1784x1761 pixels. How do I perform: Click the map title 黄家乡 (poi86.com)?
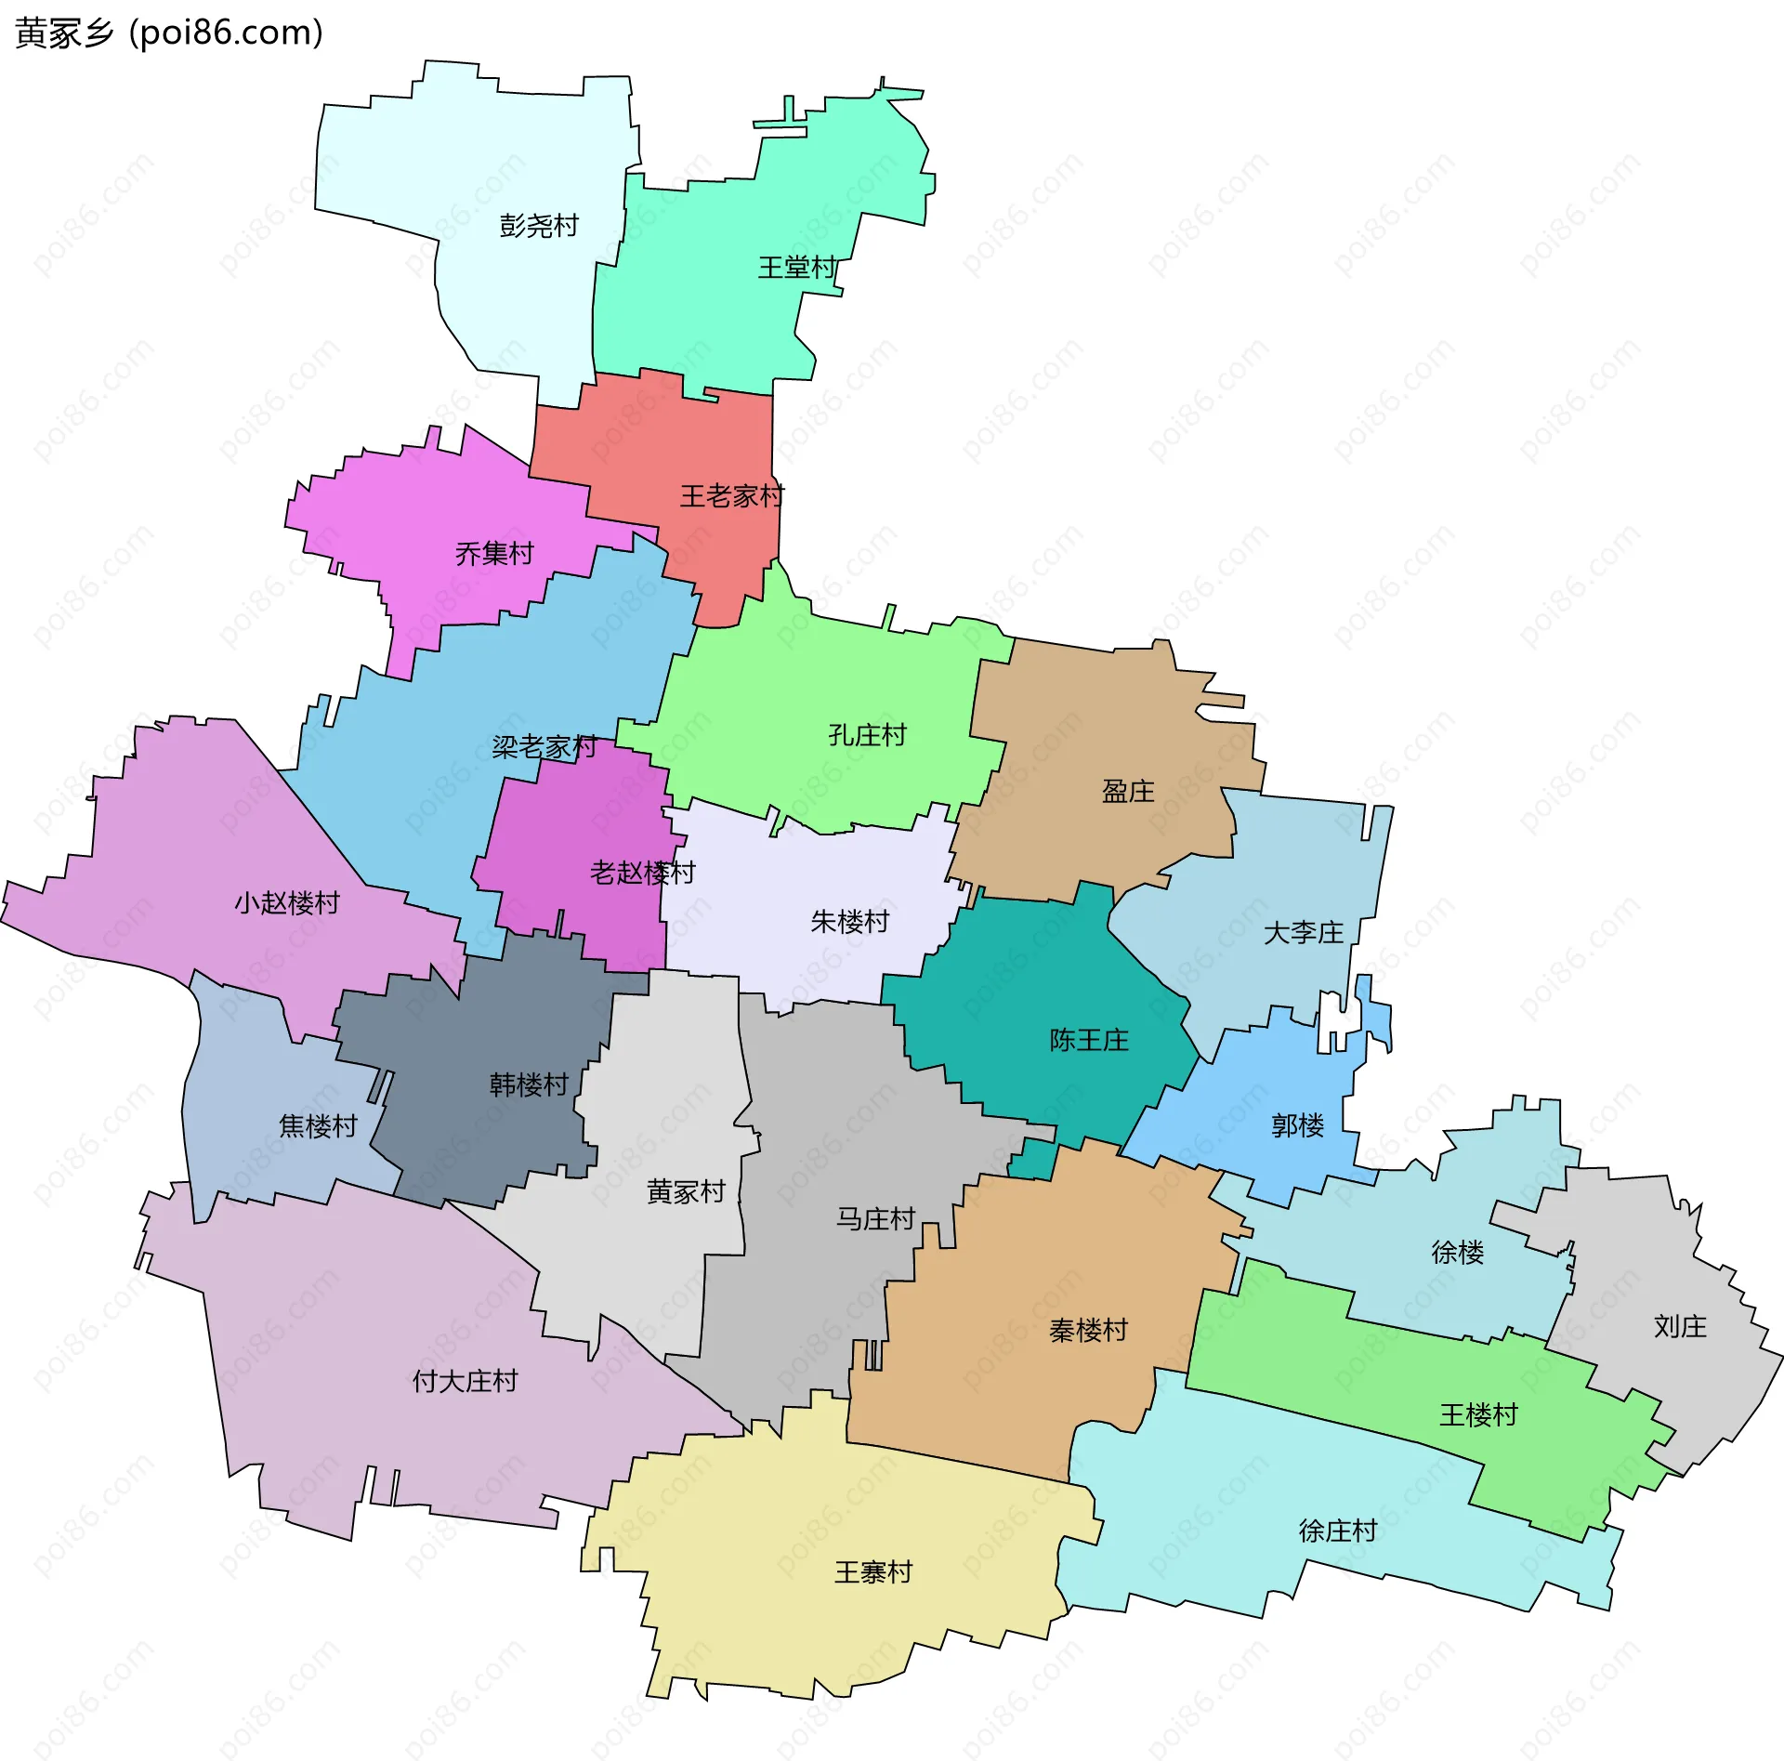pyautogui.click(x=169, y=33)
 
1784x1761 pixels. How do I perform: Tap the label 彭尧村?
pyautogui.click(x=539, y=226)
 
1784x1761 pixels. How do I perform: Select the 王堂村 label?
pyautogui.click(x=797, y=269)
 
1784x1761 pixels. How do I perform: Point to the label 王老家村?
pyautogui.click(x=732, y=496)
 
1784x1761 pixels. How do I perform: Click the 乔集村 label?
pyautogui.click(x=494, y=554)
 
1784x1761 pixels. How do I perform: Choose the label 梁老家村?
pyautogui.click(x=544, y=747)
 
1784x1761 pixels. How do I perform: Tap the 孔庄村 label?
pyautogui.click(x=867, y=736)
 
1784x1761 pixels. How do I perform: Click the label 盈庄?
pyautogui.click(x=1128, y=792)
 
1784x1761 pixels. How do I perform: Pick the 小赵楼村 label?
pyautogui.click(x=287, y=903)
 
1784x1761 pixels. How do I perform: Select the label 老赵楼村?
pyautogui.click(x=642, y=873)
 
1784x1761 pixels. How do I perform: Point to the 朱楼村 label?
pyautogui.click(x=849, y=922)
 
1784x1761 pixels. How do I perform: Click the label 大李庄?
pyautogui.click(x=1303, y=933)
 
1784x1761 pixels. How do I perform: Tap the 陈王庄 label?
pyautogui.click(x=1089, y=1040)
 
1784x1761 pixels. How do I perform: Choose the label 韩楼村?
pyautogui.click(x=529, y=1084)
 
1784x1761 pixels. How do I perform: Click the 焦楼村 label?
pyautogui.click(x=318, y=1126)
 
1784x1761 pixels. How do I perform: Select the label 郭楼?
pyautogui.click(x=1297, y=1126)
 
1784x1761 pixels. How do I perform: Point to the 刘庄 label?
pyautogui.click(x=1680, y=1327)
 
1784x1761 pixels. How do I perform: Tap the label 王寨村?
pyautogui.click(x=873, y=1572)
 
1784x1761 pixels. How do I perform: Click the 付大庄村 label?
pyautogui.click(x=465, y=1382)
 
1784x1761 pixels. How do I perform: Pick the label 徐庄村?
pyautogui.click(x=1337, y=1531)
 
